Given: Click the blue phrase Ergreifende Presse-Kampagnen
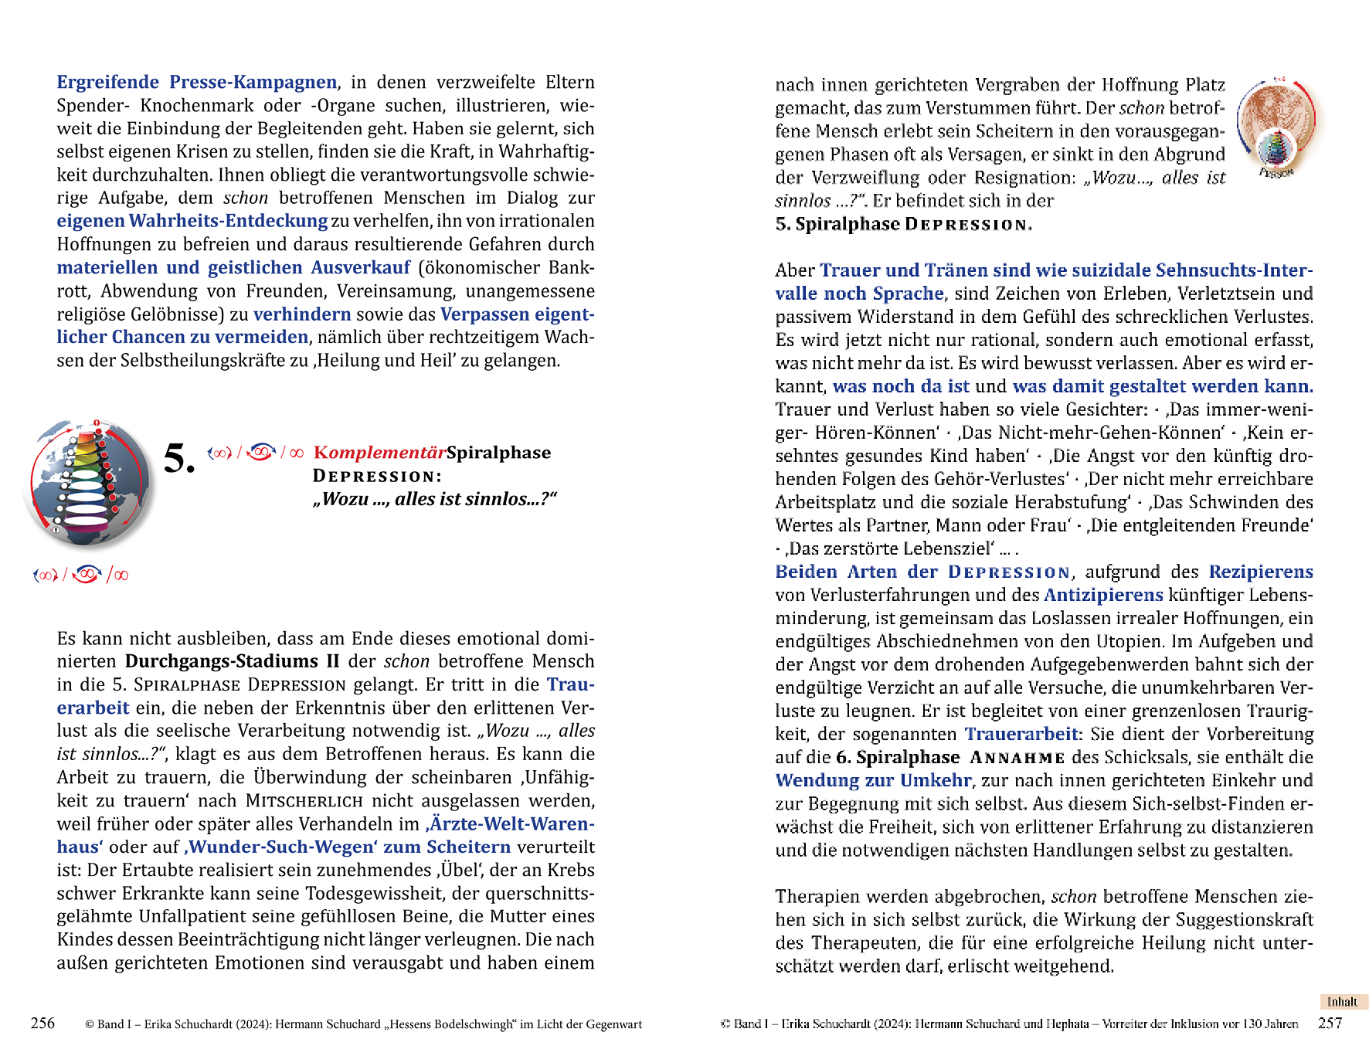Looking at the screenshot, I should (197, 82).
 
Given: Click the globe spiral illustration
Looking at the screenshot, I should (88, 484).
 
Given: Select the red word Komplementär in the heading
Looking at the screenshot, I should (379, 453).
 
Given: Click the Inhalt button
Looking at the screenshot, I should (1342, 1002).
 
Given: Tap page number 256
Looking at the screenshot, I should (42, 1024).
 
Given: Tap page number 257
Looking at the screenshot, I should (1330, 1024).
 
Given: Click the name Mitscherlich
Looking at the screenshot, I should (294, 800).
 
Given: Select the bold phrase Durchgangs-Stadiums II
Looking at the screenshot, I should (232, 661).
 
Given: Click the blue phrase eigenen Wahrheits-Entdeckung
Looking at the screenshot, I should (192, 221).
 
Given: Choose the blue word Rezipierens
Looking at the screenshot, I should (1261, 572).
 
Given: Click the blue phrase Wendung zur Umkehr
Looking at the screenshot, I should (873, 780).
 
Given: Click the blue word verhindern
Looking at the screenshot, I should (302, 314).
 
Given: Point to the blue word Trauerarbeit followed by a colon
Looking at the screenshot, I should (1021, 734).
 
